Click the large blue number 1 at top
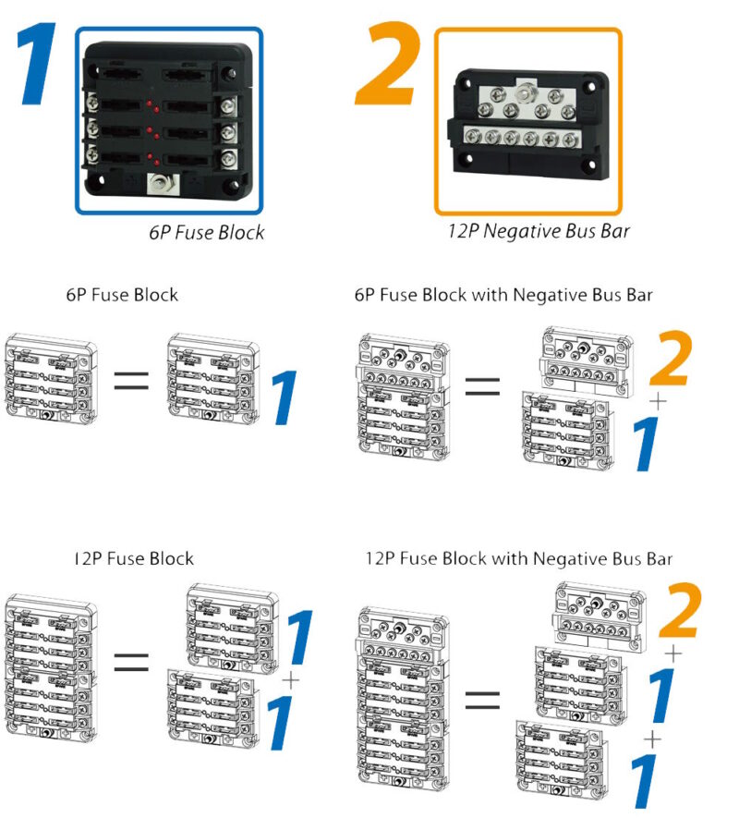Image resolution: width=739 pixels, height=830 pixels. click(x=40, y=67)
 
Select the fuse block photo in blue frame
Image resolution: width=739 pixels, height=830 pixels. click(x=168, y=120)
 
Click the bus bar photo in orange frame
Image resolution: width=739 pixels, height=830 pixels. click(x=527, y=121)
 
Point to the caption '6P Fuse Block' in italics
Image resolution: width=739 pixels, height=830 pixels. click(x=206, y=233)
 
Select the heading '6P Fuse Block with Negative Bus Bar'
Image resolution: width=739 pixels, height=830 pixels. click(x=503, y=295)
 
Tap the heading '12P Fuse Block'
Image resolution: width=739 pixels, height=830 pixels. click(x=134, y=558)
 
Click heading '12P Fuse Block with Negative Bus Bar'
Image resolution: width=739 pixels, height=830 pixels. click(x=519, y=558)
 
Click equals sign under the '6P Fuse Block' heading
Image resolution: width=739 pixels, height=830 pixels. click(x=131, y=381)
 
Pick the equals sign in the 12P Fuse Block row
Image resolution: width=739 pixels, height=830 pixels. click(x=131, y=662)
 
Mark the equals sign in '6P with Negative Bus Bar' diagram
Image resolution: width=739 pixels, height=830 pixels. click(x=481, y=387)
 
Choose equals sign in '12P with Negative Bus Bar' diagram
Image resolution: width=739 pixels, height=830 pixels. click(x=481, y=700)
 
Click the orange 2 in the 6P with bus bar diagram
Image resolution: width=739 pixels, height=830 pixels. click(x=670, y=360)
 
